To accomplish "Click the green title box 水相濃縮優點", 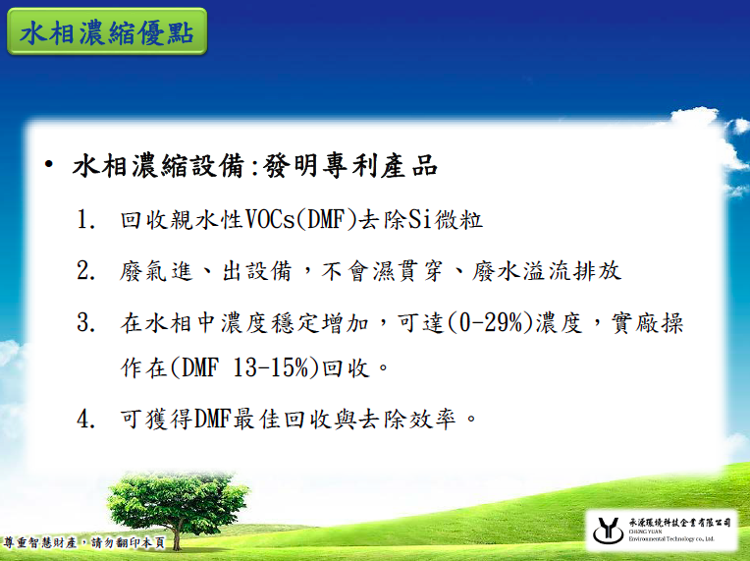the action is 107,31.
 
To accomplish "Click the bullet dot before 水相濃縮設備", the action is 48,165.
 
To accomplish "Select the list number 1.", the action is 85,220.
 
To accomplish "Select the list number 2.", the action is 85,271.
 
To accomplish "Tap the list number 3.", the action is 85,322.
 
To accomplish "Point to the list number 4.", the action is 85,420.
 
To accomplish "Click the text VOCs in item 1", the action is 270,220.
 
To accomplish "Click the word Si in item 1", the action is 419,220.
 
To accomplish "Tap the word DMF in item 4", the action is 212,420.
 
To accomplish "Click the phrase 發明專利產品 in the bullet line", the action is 350,166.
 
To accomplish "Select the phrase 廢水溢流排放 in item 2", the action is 546,271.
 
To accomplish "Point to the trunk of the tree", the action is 176,537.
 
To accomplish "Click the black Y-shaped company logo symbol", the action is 609,530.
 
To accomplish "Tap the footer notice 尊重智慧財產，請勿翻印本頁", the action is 84,542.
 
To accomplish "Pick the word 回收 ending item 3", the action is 346,367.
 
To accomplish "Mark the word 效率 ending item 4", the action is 432,420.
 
